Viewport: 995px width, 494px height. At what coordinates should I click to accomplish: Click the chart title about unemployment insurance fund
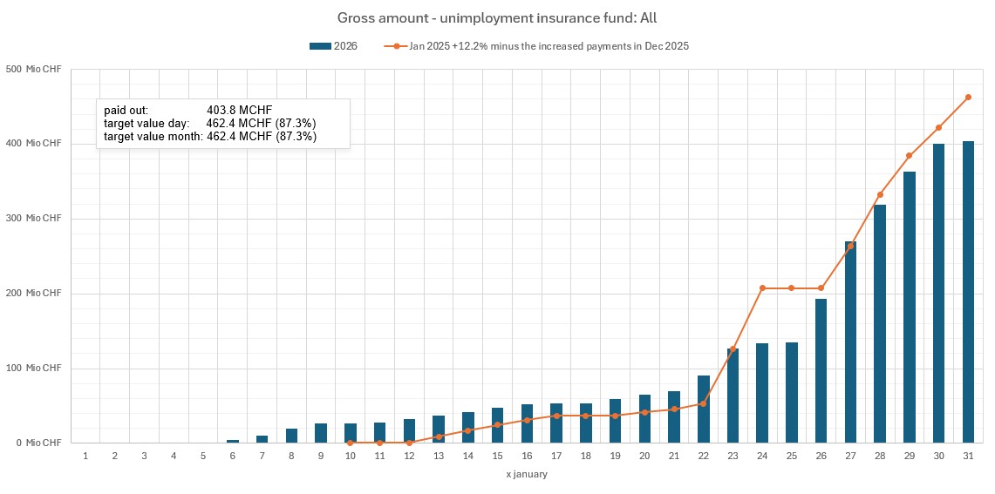497,17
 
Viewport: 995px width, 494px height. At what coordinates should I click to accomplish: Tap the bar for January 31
968,292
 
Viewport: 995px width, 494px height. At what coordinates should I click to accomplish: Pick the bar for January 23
733,396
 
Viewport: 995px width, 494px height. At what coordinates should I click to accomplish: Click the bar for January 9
321,433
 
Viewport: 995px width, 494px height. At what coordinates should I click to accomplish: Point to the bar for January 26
821,371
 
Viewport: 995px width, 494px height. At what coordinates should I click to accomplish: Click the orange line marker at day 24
762,288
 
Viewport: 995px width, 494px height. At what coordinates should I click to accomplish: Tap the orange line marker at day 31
968,98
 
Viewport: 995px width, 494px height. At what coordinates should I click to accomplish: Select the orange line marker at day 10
351,443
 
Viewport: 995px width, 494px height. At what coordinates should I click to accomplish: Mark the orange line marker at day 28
880,195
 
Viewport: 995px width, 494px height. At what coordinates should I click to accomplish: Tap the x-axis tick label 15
497,456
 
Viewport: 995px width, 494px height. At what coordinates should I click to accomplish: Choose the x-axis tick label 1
85,456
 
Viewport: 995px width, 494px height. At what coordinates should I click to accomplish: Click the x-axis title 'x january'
527,474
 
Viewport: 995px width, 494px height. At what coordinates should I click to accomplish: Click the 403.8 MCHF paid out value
240,111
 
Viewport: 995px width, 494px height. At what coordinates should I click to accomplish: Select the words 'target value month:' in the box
153,137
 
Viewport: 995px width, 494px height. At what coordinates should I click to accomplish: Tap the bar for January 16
527,423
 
